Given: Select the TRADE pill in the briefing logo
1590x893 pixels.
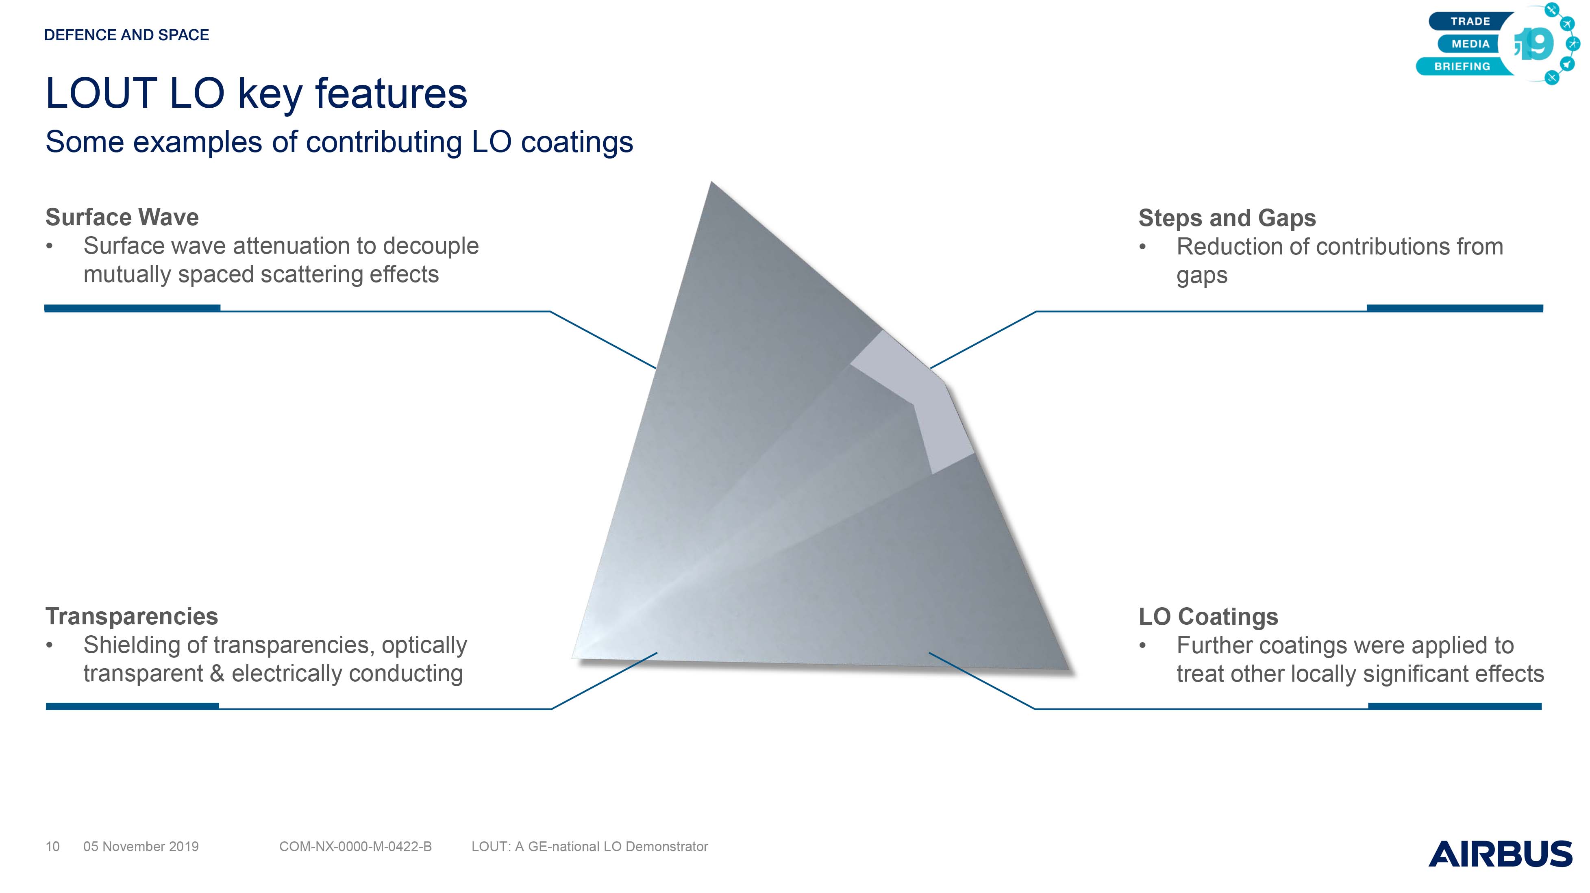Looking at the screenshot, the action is pyautogui.click(x=1470, y=21).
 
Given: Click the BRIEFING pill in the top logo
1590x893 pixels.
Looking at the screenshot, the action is pyautogui.click(x=1462, y=66).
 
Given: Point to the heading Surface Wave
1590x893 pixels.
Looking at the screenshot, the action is pyautogui.click(x=122, y=217).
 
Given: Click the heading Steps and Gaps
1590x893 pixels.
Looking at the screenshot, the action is pyautogui.click(x=1227, y=218).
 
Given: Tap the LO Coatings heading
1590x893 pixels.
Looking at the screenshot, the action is pyautogui.click(x=1208, y=617).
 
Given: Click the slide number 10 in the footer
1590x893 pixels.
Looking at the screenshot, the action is pyautogui.click(x=52, y=847).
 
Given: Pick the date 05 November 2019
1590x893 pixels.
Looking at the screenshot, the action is pyautogui.click(x=141, y=847).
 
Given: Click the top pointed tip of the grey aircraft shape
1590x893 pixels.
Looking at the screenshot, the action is pyautogui.click(x=711, y=182).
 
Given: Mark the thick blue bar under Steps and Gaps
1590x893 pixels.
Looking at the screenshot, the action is pyautogui.click(x=1455, y=308).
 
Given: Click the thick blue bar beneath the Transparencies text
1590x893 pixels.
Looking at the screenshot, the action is pyautogui.click(x=132, y=706).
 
